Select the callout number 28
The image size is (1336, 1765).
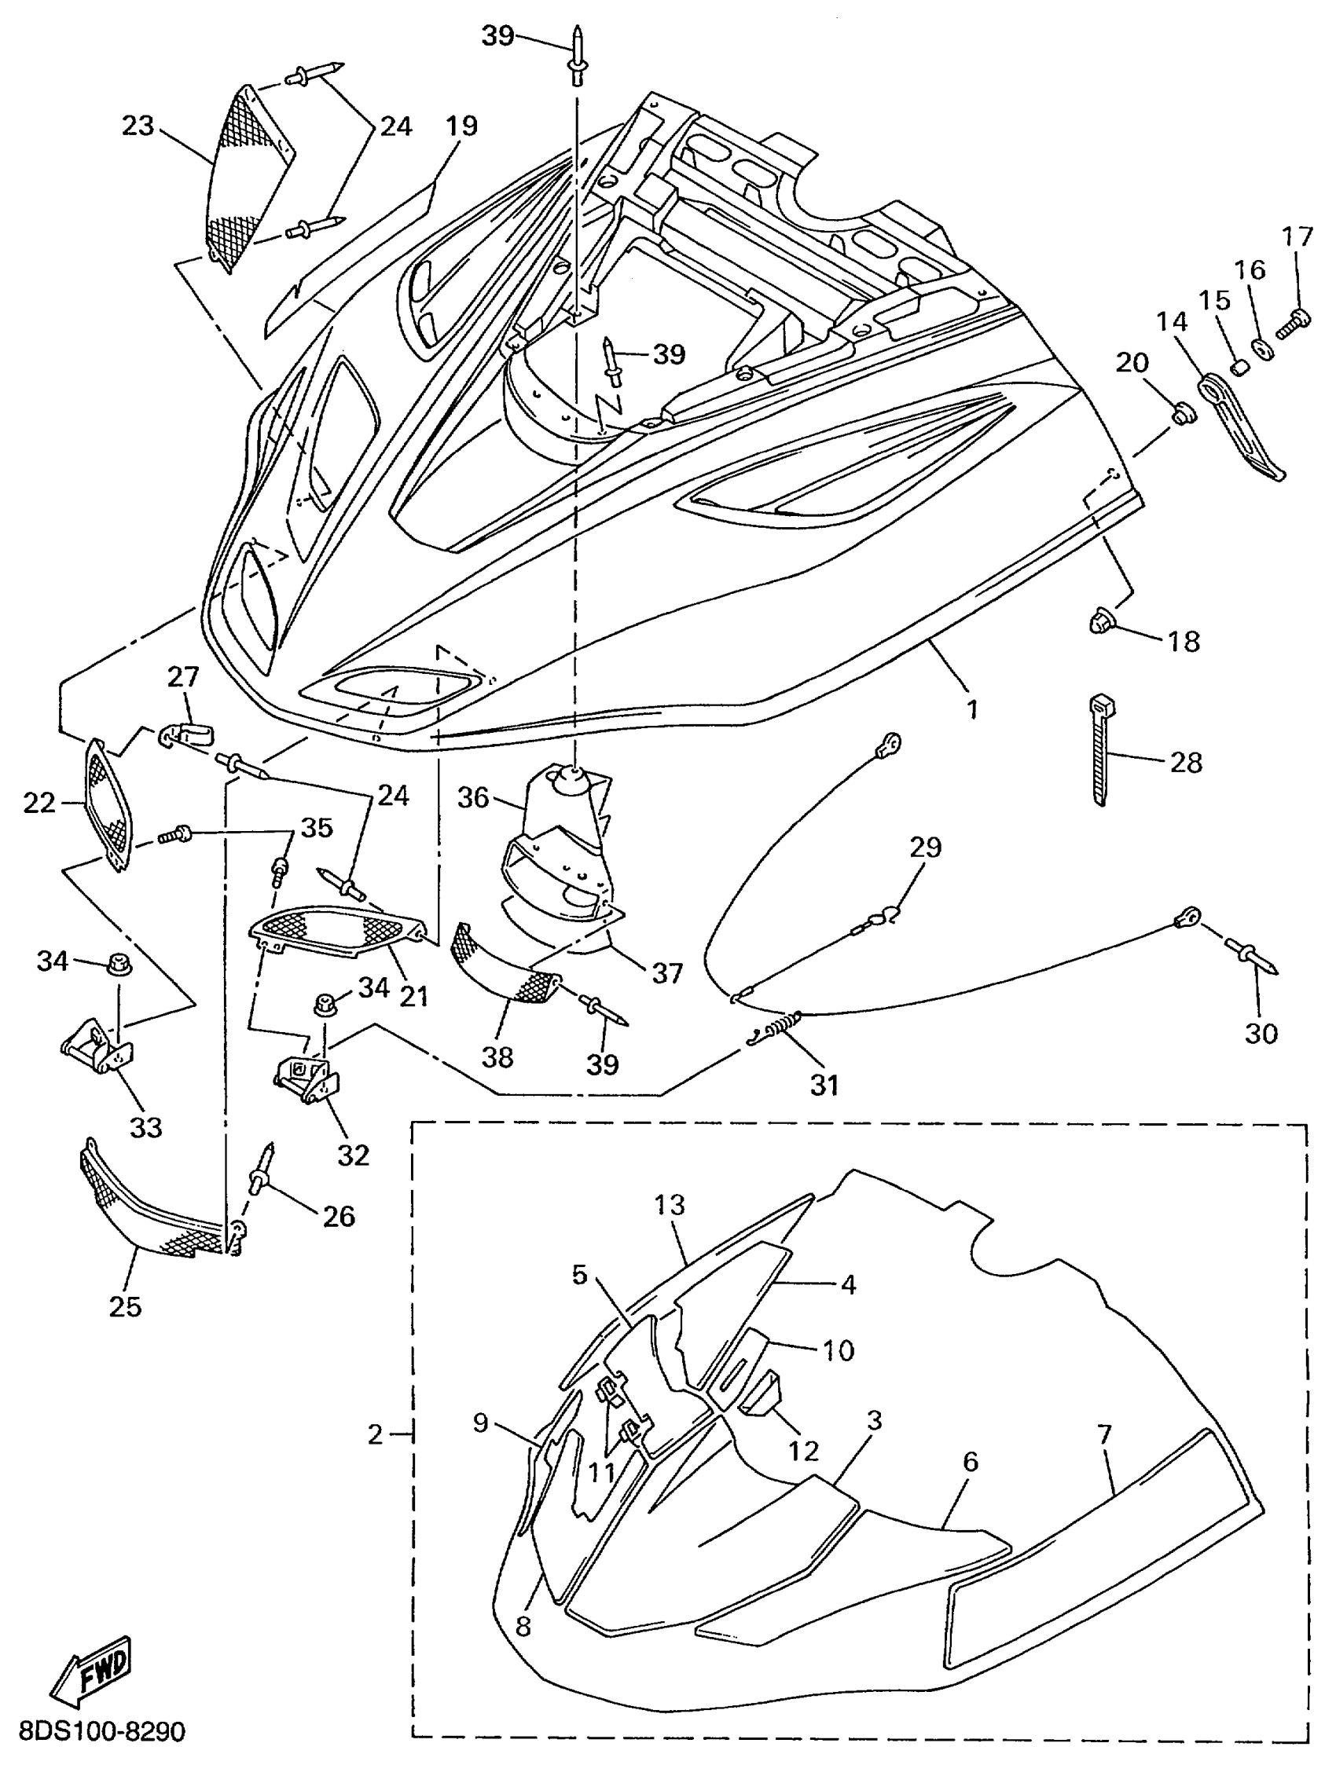(x=1185, y=763)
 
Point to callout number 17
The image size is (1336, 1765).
(x=1297, y=237)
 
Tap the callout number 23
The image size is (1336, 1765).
(x=138, y=126)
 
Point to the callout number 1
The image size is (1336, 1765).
(x=972, y=709)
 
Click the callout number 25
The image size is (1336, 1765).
(x=124, y=1306)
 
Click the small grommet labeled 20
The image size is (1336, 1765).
(x=1182, y=414)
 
